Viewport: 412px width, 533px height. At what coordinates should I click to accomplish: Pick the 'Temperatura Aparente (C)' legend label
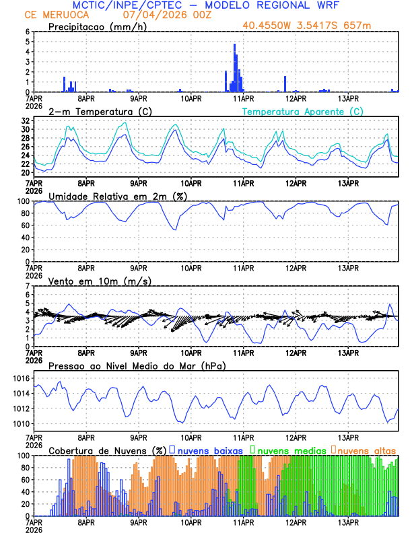[303, 111]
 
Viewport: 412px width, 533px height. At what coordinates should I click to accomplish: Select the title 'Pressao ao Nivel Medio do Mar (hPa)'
[137, 365]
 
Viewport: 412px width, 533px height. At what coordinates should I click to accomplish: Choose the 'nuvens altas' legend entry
[366, 450]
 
